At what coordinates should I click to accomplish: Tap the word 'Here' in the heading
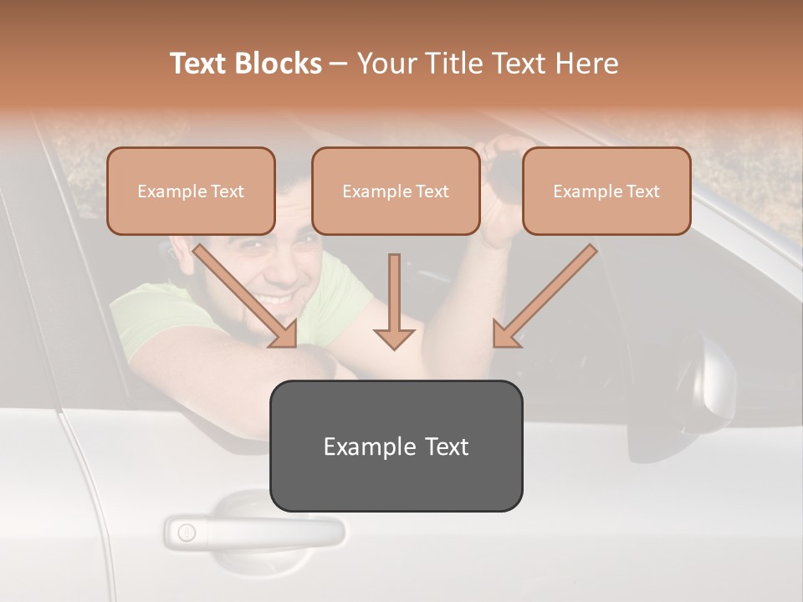pyautogui.click(x=586, y=64)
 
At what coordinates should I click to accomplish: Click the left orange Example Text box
pyautogui.click(x=191, y=191)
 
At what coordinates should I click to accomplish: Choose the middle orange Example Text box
pyautogui.click(x=396, y=191)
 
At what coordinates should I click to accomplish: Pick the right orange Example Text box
pyautogui.click(x=606, y=191)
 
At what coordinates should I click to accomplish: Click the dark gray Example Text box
pyautogui.click(x=396, y=446)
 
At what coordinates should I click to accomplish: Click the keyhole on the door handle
pyautogui.click(x=187, y=532)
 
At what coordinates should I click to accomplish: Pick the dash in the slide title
pyautogui.click(x=339, y=64)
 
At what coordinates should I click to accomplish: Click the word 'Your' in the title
pyautogui.click(x=382, y=64)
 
